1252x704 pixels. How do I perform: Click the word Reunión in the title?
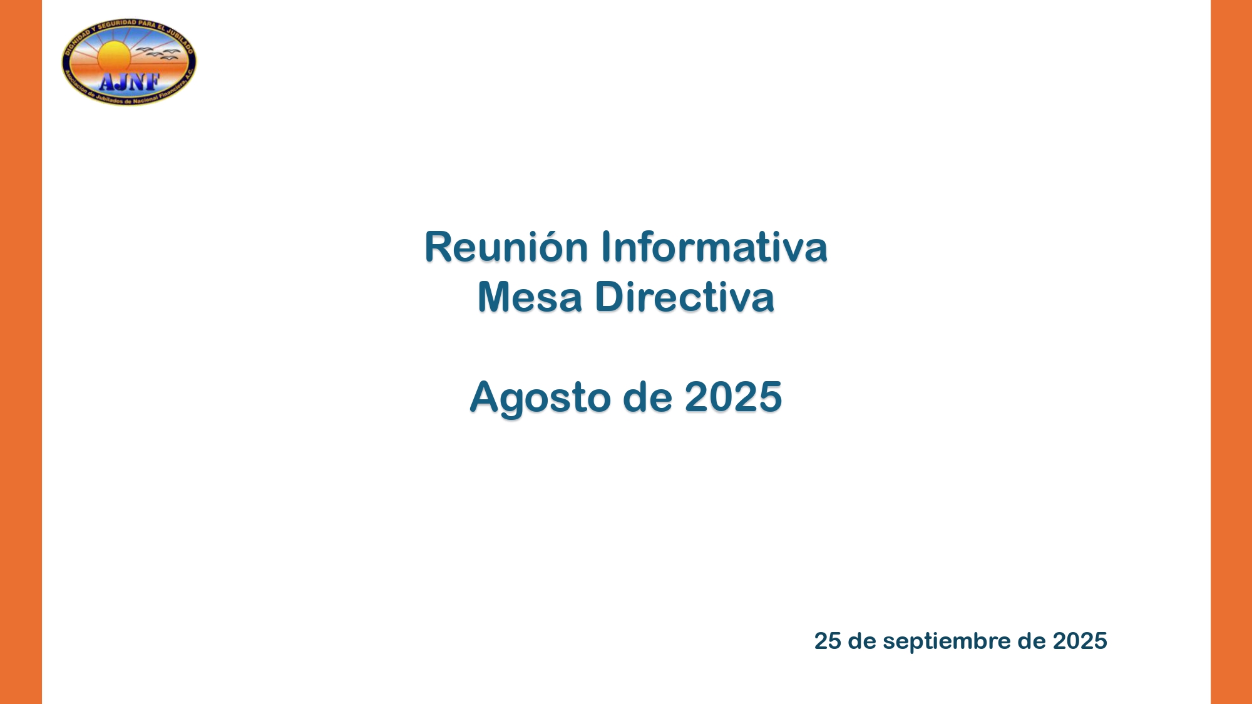[x=506, y=247]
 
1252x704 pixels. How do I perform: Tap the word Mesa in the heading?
[x=530, y=297]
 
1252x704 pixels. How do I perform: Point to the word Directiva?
[x=684, y=297]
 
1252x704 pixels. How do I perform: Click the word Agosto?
[x=540, y=397]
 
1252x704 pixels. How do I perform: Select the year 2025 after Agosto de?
[x=733, y=397]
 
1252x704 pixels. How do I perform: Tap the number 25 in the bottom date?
[x=827, y=641]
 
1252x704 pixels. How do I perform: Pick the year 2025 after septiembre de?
[x=1079, y=641]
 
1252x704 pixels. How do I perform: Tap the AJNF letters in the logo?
[x=130, y=81]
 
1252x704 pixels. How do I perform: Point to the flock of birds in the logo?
[x=160, y=54]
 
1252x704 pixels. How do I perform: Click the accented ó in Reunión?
[x=550, y=247]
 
